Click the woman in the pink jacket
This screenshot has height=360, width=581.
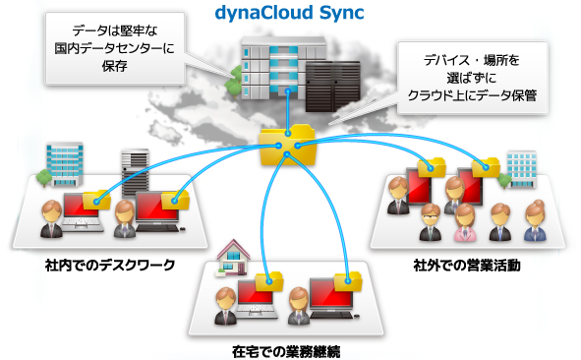[x=463, y=222]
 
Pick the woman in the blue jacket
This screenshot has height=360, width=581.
[x=534, y=221]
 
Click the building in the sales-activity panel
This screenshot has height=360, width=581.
[x=521, y=168]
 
